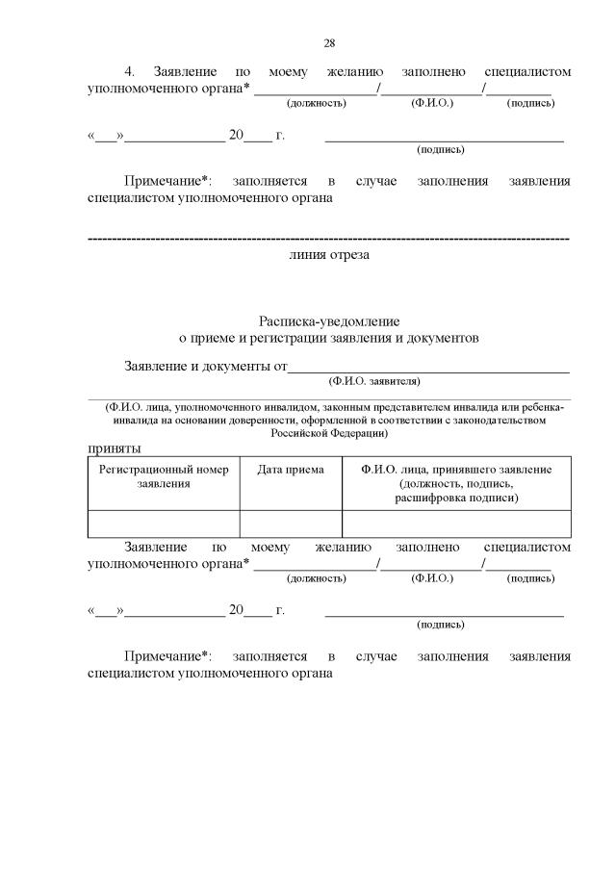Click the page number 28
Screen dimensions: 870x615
[328, 43]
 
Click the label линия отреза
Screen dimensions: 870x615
[328, 255]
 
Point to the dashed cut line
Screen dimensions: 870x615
[328, 238]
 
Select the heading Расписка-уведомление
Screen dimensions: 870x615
[328, 320]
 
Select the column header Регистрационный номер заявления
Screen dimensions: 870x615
[164, 475]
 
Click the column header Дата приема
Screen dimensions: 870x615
[291, 469]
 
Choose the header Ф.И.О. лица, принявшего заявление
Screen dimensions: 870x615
[456, 469]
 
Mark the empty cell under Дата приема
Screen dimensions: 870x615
[291, 523]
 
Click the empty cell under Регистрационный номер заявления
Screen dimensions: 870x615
[164, 523]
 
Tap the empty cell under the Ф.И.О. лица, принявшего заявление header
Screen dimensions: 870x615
[456, 523]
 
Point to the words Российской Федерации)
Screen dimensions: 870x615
[328, 433]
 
